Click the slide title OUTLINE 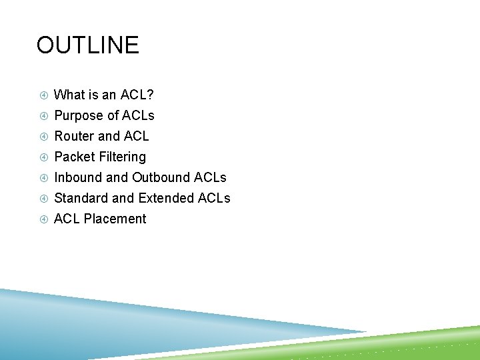[x=87, y=45]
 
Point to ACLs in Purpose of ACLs [x=139, y=115]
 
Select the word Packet [x=74, y=157]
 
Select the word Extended [x=166, y=198]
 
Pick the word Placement [x=115, y=219]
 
